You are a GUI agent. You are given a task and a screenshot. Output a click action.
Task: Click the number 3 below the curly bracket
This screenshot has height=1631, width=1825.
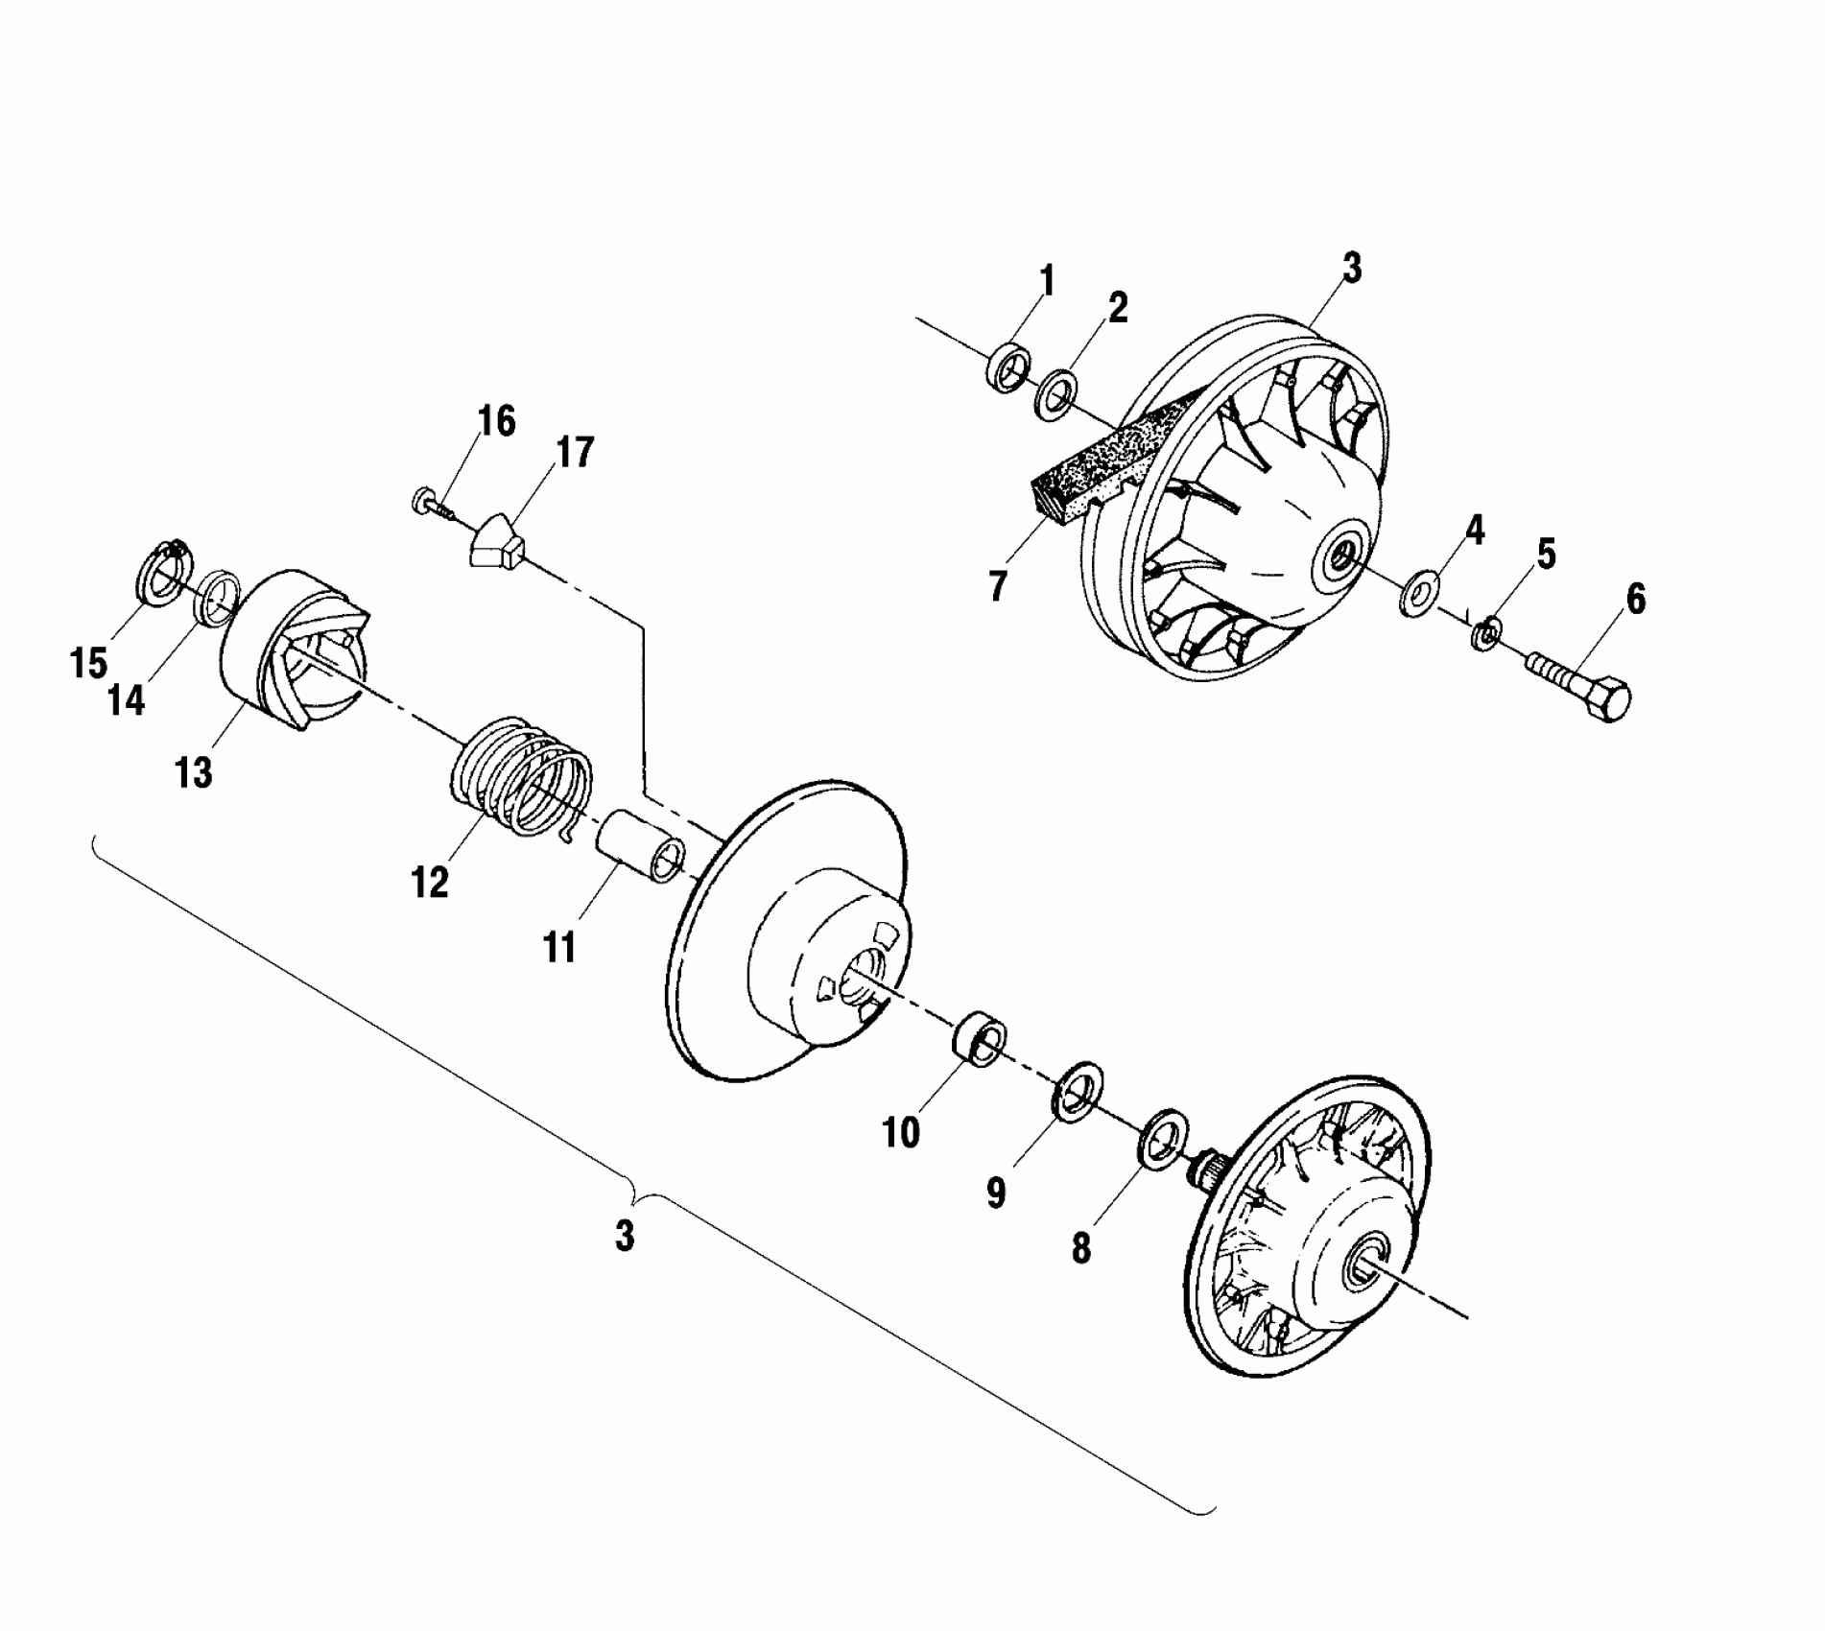[625, 1236]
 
